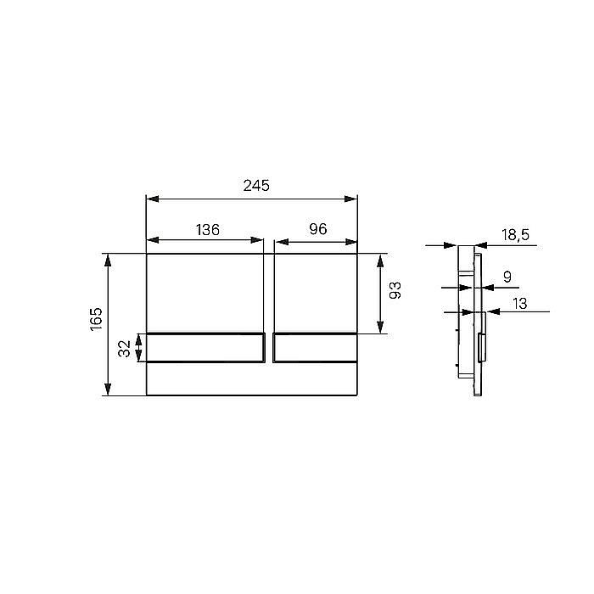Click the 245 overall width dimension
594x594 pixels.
(256, 186)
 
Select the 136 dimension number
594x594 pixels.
(208, 230)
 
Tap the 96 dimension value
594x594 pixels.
(318, 229)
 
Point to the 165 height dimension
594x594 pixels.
(96, 319)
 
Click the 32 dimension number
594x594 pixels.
(124, 349)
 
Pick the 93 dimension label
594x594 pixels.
(395, 290)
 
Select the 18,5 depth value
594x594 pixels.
(516, 235)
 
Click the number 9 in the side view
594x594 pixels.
(507, 277)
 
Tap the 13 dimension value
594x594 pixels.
(519, 304)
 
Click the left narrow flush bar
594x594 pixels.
(205, 348)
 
